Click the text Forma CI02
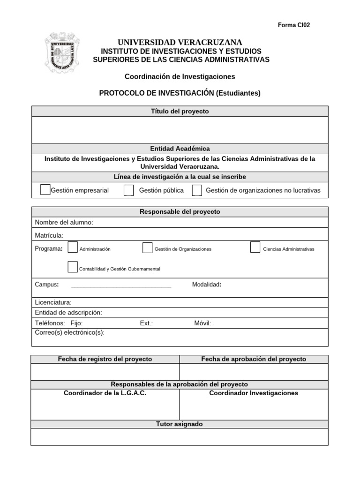tap(294, 25)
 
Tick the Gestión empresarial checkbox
tap(45, 190)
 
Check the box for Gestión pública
tap(128, 190)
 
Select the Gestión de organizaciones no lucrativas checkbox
tap(197, 190)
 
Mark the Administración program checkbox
tap(73, 247)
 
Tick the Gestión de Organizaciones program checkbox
tap(147, 247)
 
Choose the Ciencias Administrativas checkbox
tap(255, 247)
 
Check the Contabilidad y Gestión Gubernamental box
tap(73, 267)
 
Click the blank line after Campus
tap(121, 285)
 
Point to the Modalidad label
tap(207, 285)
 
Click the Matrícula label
tap(49, 235)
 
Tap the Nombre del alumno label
tap(64, 222)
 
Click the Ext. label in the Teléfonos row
tap(146, 323)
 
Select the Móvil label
tap(202, 323)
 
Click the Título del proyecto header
tap(180, 112)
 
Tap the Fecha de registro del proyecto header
tap(105, 359)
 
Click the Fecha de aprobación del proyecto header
tap(254, 359)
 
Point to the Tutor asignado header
tap(180, 424)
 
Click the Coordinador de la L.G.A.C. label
tap(105, 393)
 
